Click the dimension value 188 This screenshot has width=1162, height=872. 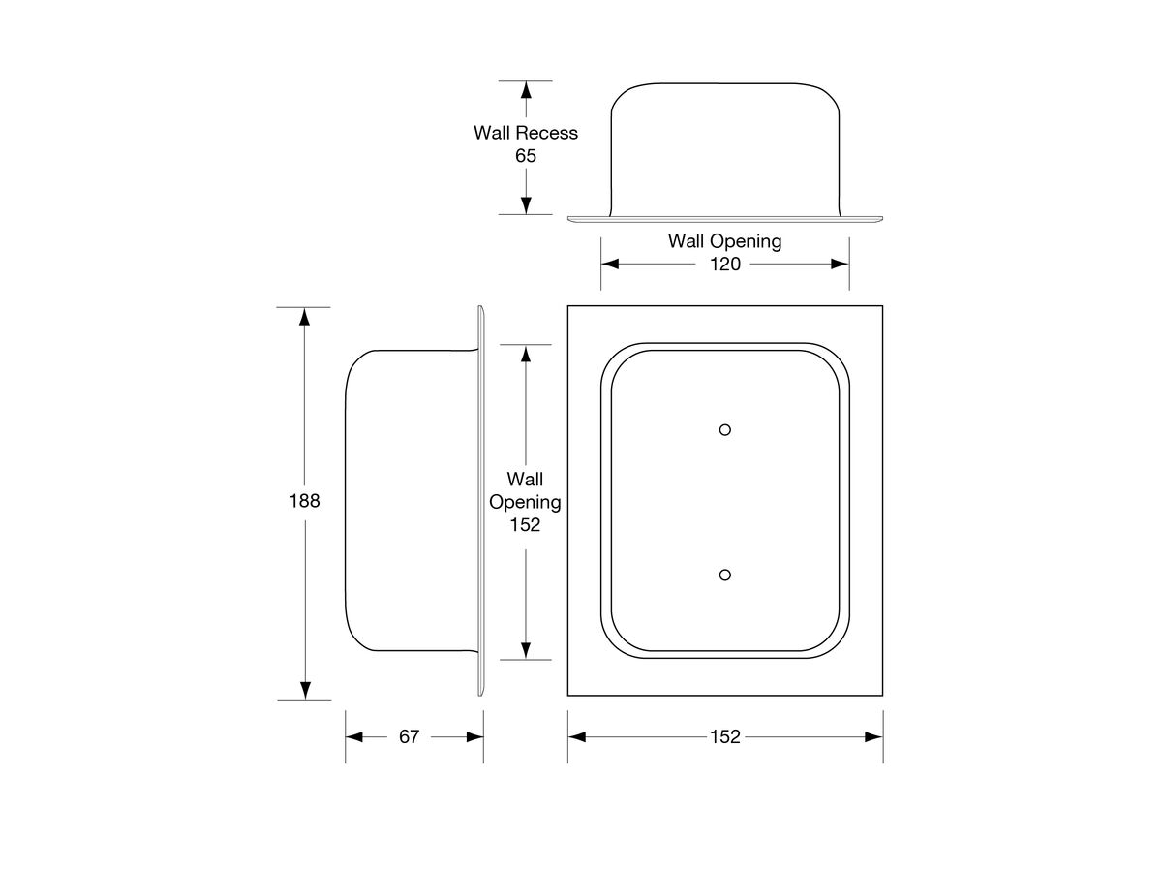pyautogui.click(x=304, y=502)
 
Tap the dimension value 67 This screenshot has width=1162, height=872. pyautogui.click(x=410, y=737)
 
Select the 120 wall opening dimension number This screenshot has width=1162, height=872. pyautogui.click(x=724, y=264)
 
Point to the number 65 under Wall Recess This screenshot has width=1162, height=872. pyautogui.click(x=525, y=155)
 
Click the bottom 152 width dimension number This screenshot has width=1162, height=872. pyautogui.click(x=724, y=737)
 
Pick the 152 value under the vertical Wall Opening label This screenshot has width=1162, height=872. pyautogui.click(x=524, y=525)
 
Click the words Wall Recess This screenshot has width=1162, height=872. pyautogui.click(x=525, y=133)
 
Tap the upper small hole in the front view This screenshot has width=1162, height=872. pyautogui.click(x=724, y=429)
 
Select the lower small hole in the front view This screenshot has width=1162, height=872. pyautogui.click(x=724, y=575)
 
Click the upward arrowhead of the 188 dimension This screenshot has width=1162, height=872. pyautogui.click(x=304, y=317)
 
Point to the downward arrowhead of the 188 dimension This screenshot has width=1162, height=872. pyautogui.click(x=304, y=689)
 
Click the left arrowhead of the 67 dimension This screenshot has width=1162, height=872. pyautogui.click(x=354, y=737)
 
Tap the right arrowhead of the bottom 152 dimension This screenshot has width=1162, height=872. pyautogui.click(x=872, y=737)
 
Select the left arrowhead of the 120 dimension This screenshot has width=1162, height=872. pyautogui.click(x=610, y=264)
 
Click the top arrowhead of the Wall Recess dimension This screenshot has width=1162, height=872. pyautogui.click(x=525, y=90)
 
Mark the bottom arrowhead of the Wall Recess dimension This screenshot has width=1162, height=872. pyautogui.click(x=525, y=204)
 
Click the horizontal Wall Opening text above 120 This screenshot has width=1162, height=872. pyautogui.click(x=724, y=241)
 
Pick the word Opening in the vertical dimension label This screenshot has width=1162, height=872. pyautogui.click(x=524, y=502)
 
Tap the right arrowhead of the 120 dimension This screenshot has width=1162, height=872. pyautogui.click(x=840, y=264)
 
